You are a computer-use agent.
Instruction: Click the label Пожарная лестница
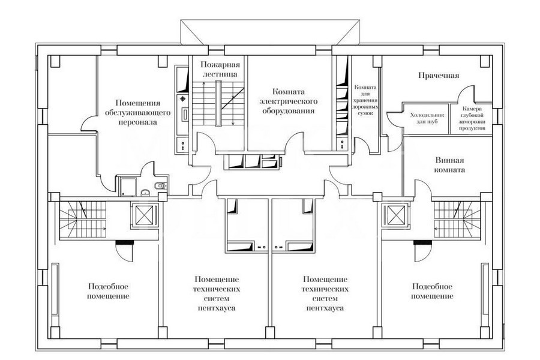coord(220,69)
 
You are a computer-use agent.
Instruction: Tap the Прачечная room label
coord(439,76)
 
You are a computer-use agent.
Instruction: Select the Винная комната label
coord(449,165)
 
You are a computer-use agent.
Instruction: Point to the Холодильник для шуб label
coord(427,118)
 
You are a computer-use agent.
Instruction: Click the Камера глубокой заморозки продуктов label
coord(472,118)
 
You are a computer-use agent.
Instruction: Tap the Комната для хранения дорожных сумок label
coord(365,100)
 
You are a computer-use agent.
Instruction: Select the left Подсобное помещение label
coord(108,291)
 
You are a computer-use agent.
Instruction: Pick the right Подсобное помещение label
coord(432,291)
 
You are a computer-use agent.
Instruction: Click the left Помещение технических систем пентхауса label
coord(217,293)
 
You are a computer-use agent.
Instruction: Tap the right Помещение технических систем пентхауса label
coord(325,293)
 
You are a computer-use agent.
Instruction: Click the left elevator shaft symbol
coord(144,215)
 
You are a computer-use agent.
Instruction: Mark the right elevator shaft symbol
coord(395,215)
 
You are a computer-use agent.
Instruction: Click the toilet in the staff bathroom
coord(160,187)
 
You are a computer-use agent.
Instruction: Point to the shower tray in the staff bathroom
coord(127,186)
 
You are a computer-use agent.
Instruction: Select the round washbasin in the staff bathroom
coord(145,191)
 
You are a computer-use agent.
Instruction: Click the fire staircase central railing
coord(218,104)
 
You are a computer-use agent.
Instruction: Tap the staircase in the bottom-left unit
coord(83,220)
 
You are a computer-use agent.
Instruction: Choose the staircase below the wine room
coord(457,219)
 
